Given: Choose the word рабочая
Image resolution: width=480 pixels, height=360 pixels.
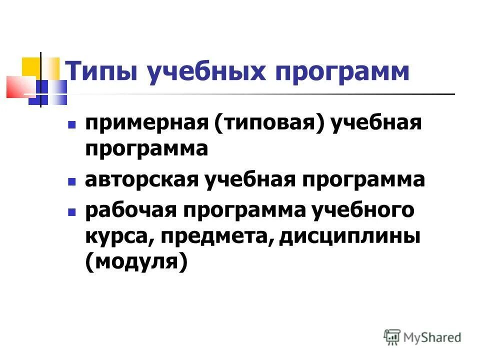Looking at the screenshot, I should (x=131, y=210).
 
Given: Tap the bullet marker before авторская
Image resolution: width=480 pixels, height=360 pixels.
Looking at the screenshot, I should (x=71, y=180).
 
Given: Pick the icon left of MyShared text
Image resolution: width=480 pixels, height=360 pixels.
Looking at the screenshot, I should (x=392, y=336).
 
